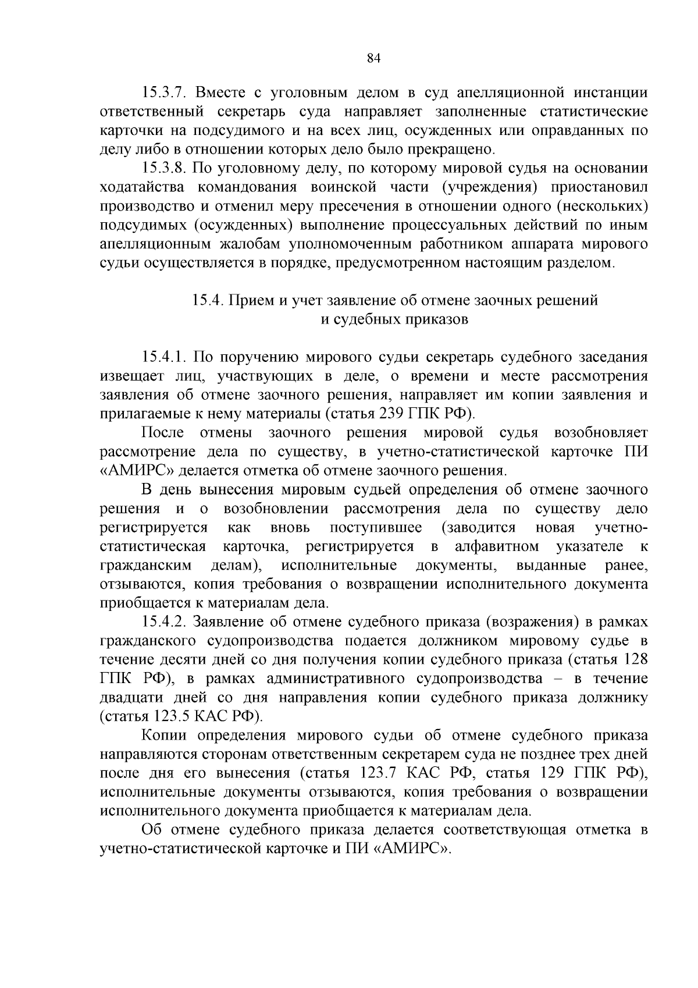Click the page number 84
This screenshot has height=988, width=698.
point(373,58)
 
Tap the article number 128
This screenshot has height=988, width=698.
point(635,660)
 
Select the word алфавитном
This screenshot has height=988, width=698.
point(497,546)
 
